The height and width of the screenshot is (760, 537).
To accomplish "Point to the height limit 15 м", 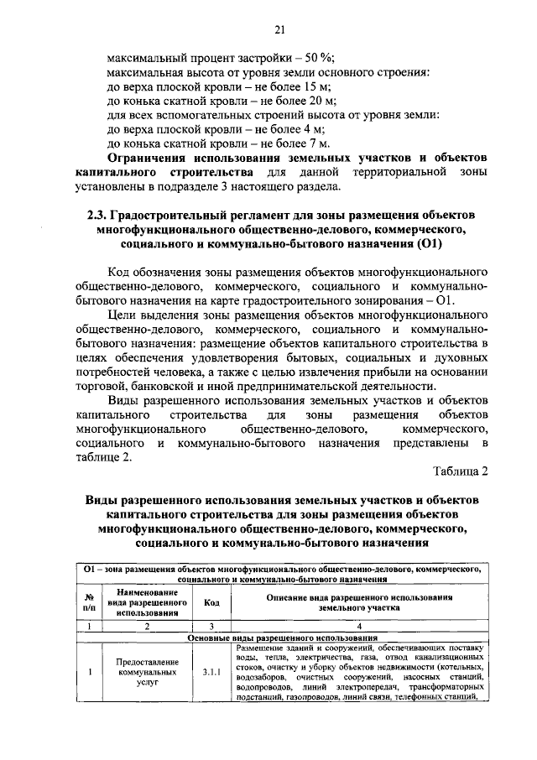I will (x=316, y=86).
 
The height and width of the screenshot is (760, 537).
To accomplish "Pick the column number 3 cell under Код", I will (x=211, y=626).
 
